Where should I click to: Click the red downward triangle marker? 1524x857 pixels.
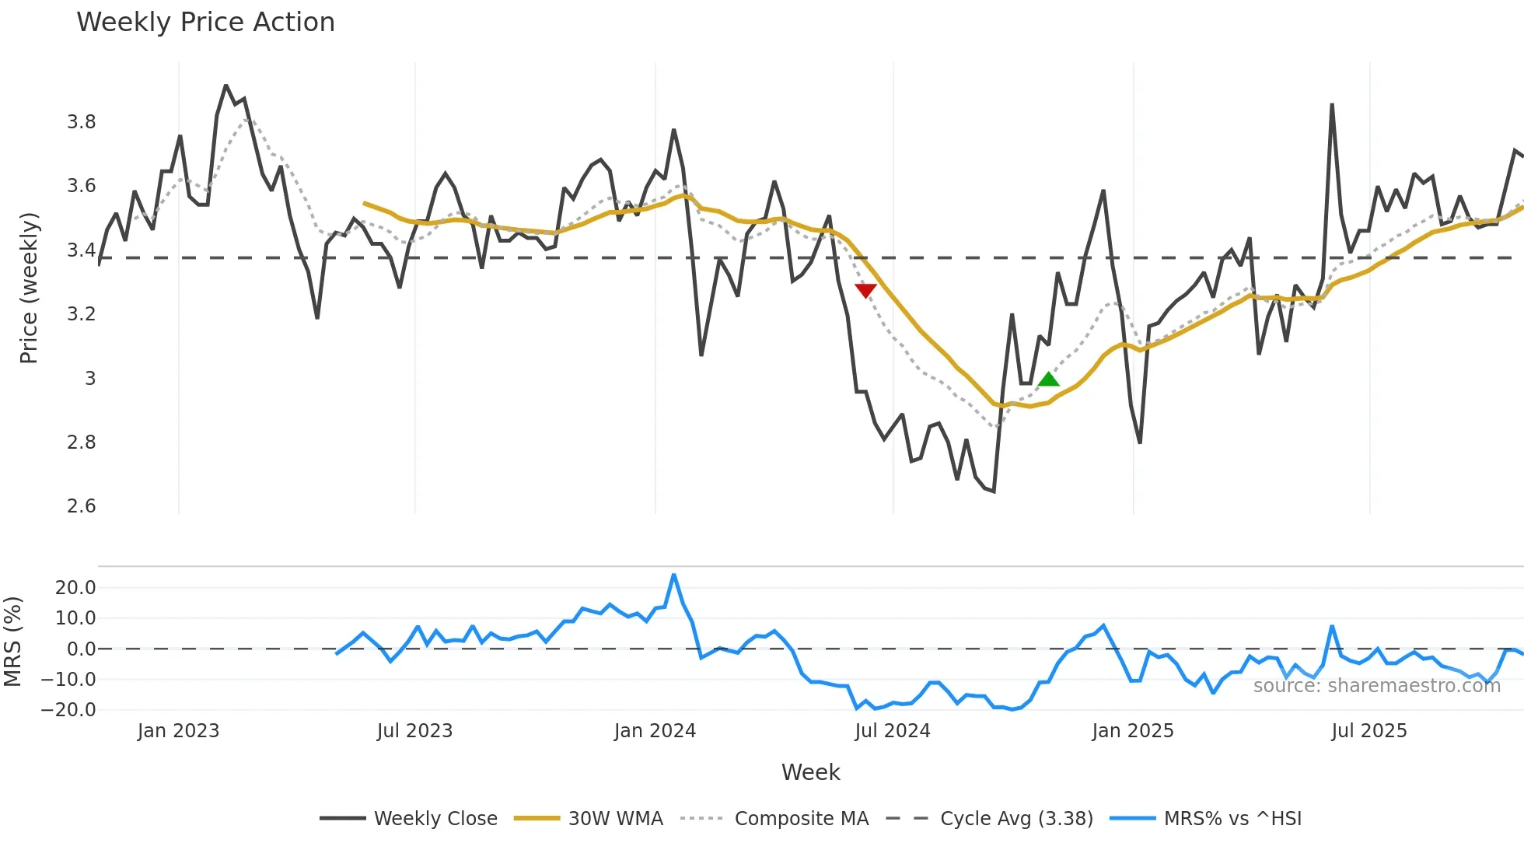[865, 290]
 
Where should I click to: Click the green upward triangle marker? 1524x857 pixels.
[1048, 380]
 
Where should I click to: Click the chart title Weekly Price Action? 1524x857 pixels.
[205, 23]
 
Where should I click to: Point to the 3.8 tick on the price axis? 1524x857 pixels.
[81, 122]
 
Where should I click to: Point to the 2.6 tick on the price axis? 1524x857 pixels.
[81, 506]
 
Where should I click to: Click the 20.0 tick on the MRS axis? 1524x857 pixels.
[75, 588]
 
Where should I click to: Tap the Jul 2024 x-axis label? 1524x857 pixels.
[892, 731]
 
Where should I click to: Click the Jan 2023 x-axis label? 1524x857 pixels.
[178, 731]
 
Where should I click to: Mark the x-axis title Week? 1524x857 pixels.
[810, 772]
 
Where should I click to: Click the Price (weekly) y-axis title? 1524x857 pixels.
[29, 288]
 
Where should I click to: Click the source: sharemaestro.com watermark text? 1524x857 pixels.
[1376, 685]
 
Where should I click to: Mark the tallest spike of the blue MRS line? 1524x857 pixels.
[673, 575]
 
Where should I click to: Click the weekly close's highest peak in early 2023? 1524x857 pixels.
[225, 86]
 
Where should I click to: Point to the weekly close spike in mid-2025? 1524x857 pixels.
[1332, 104]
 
